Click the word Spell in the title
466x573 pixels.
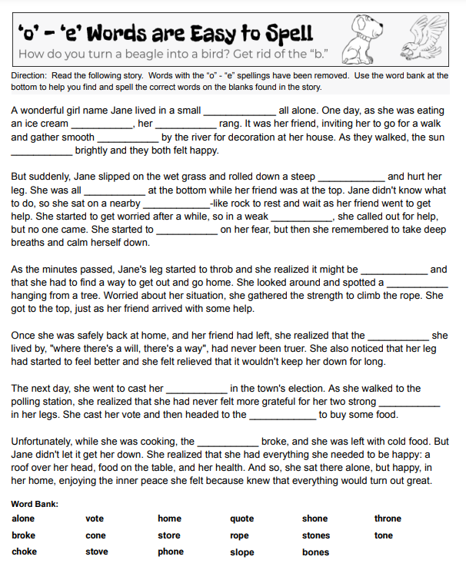pyautogui.click(x=285, y=33)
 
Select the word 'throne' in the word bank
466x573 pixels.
pyautogui.click(x=388, y=519)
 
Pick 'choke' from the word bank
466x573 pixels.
pyautogui.click(x=24, y=551)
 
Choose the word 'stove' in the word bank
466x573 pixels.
pyautogui.click(x=96, y=551)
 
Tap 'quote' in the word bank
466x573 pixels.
pyautogui.click(x=242, y=519)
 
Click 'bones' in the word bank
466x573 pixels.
pyautogui.click(x=315, y=551)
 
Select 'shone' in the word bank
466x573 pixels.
pyautogui.click(x=315, y=519)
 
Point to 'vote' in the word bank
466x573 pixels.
pyautogui.click(x=94, y=519)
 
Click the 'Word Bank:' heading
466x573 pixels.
pyautogui.click(x=35, y=504)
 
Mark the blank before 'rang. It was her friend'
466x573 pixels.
pyautogui.click(x=185, y=124)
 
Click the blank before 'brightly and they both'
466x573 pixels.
pyautogui.click(x=42, y=151)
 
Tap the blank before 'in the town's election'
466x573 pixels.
pyautogui.click(x=197, y=389)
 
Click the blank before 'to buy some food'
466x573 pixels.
pyautogui.click(x=282, y=416)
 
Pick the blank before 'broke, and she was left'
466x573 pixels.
pyautogui.click(x=228, y=443)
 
